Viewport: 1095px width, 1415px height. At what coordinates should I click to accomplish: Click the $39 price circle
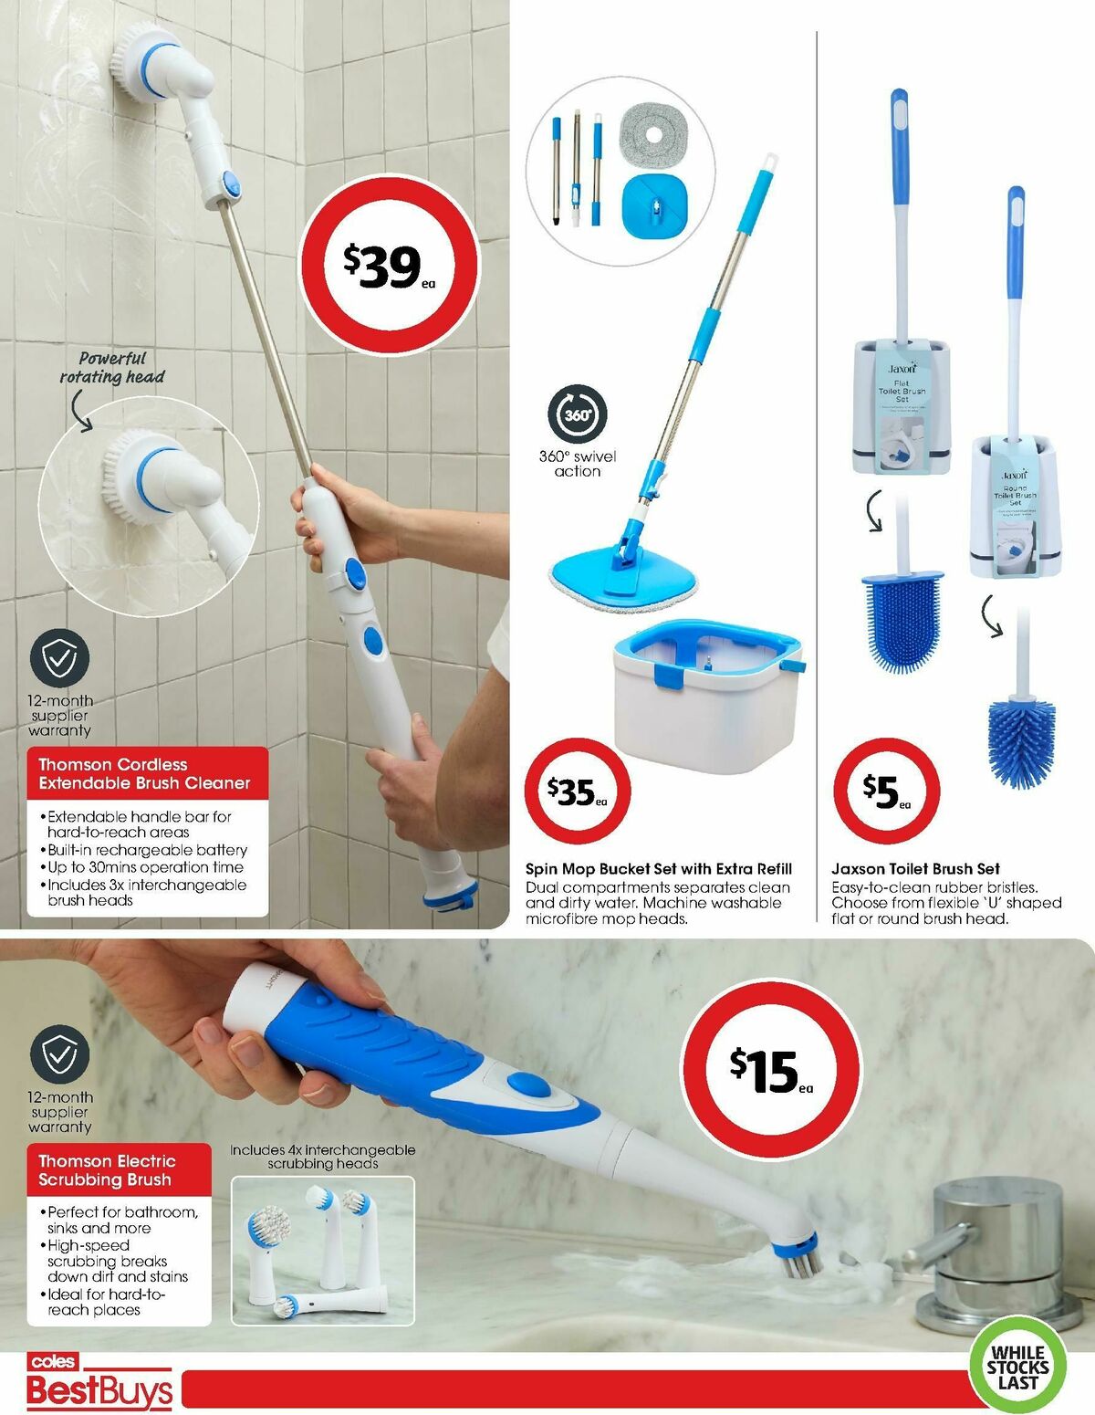pos(390,267)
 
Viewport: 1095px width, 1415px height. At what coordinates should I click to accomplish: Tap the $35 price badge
pos(578,791)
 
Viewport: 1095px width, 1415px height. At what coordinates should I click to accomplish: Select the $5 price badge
pos(886,791)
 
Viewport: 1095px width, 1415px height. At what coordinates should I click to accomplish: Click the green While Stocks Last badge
pos(1017,1367)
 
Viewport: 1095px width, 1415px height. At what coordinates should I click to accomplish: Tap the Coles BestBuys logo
pos(99,1383)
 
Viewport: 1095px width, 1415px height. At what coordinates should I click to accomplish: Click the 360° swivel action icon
pos(577,414)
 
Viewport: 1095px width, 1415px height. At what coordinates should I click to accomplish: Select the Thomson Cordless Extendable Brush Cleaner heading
pos(144,773)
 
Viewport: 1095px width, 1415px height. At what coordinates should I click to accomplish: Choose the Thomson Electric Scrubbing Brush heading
pos(106,1170)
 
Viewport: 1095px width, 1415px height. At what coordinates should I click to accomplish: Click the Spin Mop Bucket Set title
pos(658,869)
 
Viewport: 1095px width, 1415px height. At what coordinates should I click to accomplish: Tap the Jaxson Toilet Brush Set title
pos(915,869)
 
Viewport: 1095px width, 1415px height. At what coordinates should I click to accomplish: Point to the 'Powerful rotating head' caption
pos(112,368)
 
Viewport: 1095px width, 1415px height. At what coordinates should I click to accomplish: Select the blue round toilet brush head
pos(1022,741)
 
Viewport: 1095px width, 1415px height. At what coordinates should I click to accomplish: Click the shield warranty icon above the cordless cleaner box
pos(59,658)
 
